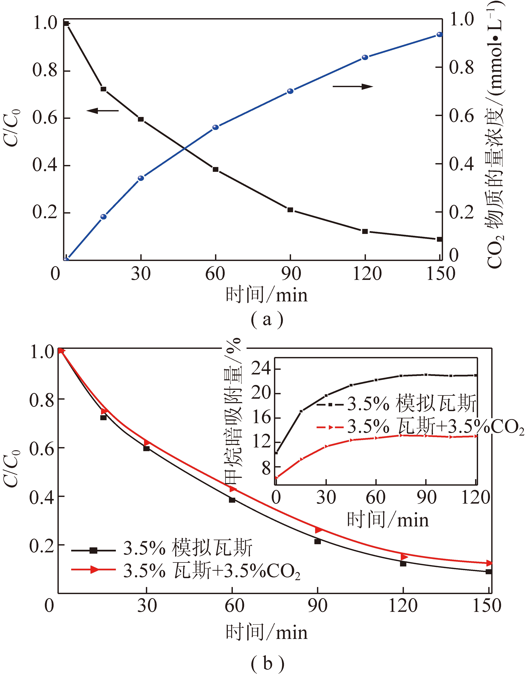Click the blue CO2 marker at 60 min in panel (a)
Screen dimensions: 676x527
point(216,127)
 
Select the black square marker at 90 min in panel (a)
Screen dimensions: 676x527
point(290,210)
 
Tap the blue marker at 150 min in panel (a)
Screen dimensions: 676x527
point(440,34)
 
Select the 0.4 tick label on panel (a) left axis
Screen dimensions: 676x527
point(45,165)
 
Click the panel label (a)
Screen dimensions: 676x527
point(267,320)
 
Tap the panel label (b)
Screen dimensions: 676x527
point(267,663)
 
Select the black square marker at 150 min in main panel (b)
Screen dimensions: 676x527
point(488,572)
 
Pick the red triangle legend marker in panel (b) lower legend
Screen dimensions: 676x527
point(94,570)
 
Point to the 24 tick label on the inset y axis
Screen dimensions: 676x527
point(261,369)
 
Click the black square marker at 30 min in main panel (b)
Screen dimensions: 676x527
point(146,448)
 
